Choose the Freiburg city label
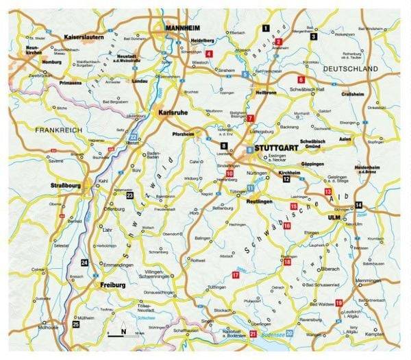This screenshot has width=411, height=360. coord(112,284)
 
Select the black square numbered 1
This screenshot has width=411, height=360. coord(264,27)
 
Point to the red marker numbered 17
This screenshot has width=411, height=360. coord(235,275)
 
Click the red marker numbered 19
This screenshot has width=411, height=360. coord(338,302)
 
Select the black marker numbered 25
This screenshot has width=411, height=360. coord(75,324)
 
